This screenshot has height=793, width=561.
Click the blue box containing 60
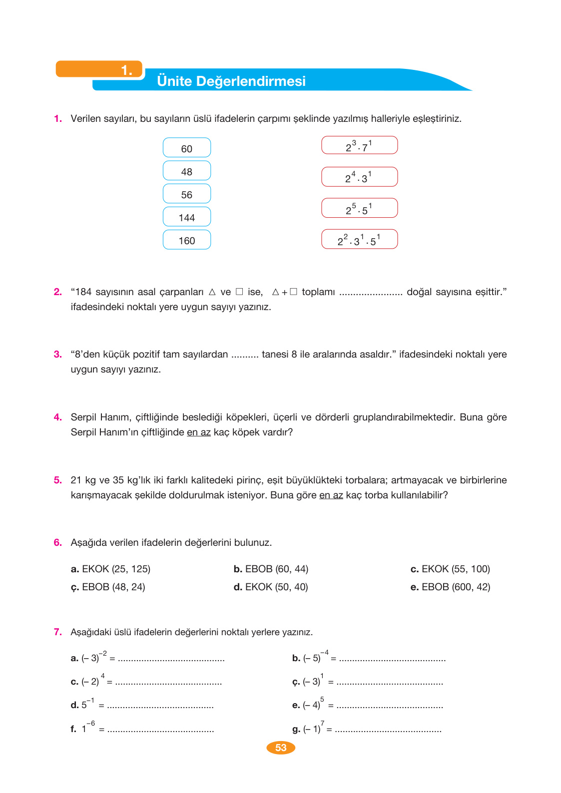point(187,148)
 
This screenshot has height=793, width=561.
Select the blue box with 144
point(187,217)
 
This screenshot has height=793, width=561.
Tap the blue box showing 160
point(187,240)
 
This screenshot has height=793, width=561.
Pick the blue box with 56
point(187,194)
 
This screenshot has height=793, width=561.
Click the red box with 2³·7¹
point(359,145)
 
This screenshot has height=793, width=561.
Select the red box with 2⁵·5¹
point(359,208)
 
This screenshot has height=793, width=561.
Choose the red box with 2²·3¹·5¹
point(359,240)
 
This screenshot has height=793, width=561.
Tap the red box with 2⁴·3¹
point(359,177)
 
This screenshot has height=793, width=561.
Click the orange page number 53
point(281,748)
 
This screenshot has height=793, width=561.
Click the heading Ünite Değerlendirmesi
point(231,81)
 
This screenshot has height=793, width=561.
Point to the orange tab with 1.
point(100,69)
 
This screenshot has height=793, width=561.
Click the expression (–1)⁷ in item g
point(313,728)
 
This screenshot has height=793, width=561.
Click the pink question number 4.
point(58,417)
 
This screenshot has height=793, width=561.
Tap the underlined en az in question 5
point(331,495)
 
